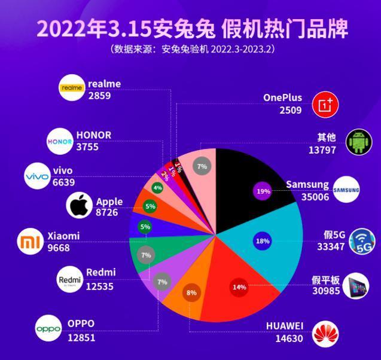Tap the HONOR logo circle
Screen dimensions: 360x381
pyautogui.click(x=59, y=141)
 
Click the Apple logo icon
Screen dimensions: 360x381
pyautogui.click(x=79, y=207)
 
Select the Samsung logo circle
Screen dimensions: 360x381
pyautogui.click(x=346, y=191)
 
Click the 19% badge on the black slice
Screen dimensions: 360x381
pyautogui.click(x=263, y=191)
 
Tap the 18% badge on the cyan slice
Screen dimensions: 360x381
pyautogui.click(x=262, y=240)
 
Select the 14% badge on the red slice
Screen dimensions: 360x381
pyautogui.click(x=239, y=287)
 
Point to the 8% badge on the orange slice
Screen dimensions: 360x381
pyautogui.click(x=191, y=293)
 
